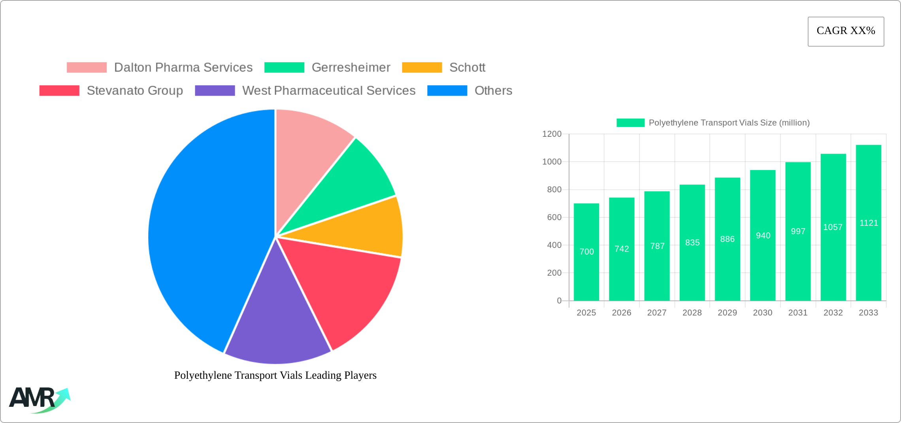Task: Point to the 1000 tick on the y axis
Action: [x=552, y=162]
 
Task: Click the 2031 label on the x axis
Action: [x=797, y=313]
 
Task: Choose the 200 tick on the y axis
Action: [x=554, y=273]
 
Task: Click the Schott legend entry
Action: [x=467, y=68]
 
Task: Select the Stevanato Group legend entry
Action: [x=135, y=91]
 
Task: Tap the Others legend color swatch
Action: [x=447, y=91]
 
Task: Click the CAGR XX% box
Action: [x=846, y=31]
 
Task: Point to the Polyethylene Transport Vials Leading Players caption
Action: [x=275, y=375]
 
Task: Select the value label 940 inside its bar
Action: [x=763, y=236]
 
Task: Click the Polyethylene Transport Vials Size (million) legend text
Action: [x=729, y=123]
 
